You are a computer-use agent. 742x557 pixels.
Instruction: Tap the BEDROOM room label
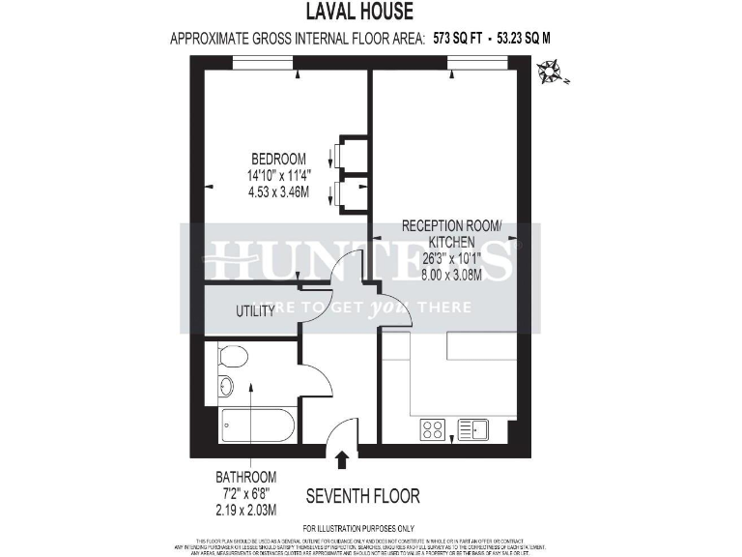pos(278,160)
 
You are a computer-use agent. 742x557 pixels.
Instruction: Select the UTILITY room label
pos(256,311)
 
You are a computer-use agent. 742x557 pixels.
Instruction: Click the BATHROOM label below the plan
pos(245,477)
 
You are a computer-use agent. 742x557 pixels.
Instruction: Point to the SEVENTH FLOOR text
pos(362,496)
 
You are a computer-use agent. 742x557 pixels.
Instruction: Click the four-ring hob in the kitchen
pos(432,429)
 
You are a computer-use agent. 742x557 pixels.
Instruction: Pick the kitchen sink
pos(472,429)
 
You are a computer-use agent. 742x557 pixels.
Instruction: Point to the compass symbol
pos(552,71)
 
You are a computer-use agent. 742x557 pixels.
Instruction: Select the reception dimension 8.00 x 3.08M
pos(452,275)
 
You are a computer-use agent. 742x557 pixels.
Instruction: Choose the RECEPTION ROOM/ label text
pos(452,226)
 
